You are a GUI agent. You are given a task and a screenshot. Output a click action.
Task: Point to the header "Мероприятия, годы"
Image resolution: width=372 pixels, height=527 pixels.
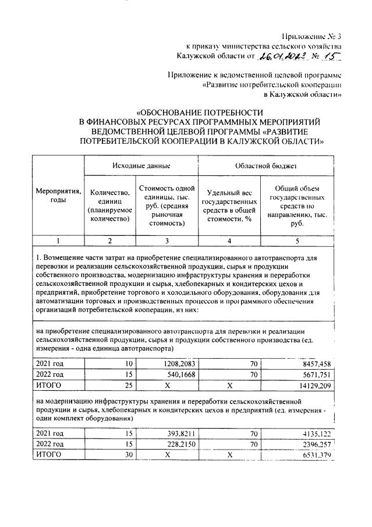(x=58, y=195)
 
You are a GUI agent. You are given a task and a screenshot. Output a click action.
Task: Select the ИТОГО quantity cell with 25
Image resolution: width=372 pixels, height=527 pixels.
(x=128, y=385)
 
